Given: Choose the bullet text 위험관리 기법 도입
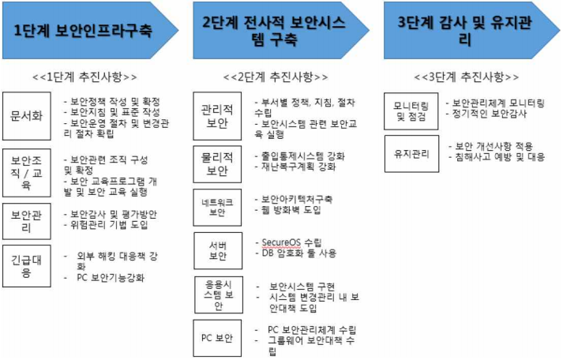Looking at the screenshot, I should coord(111,225).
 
